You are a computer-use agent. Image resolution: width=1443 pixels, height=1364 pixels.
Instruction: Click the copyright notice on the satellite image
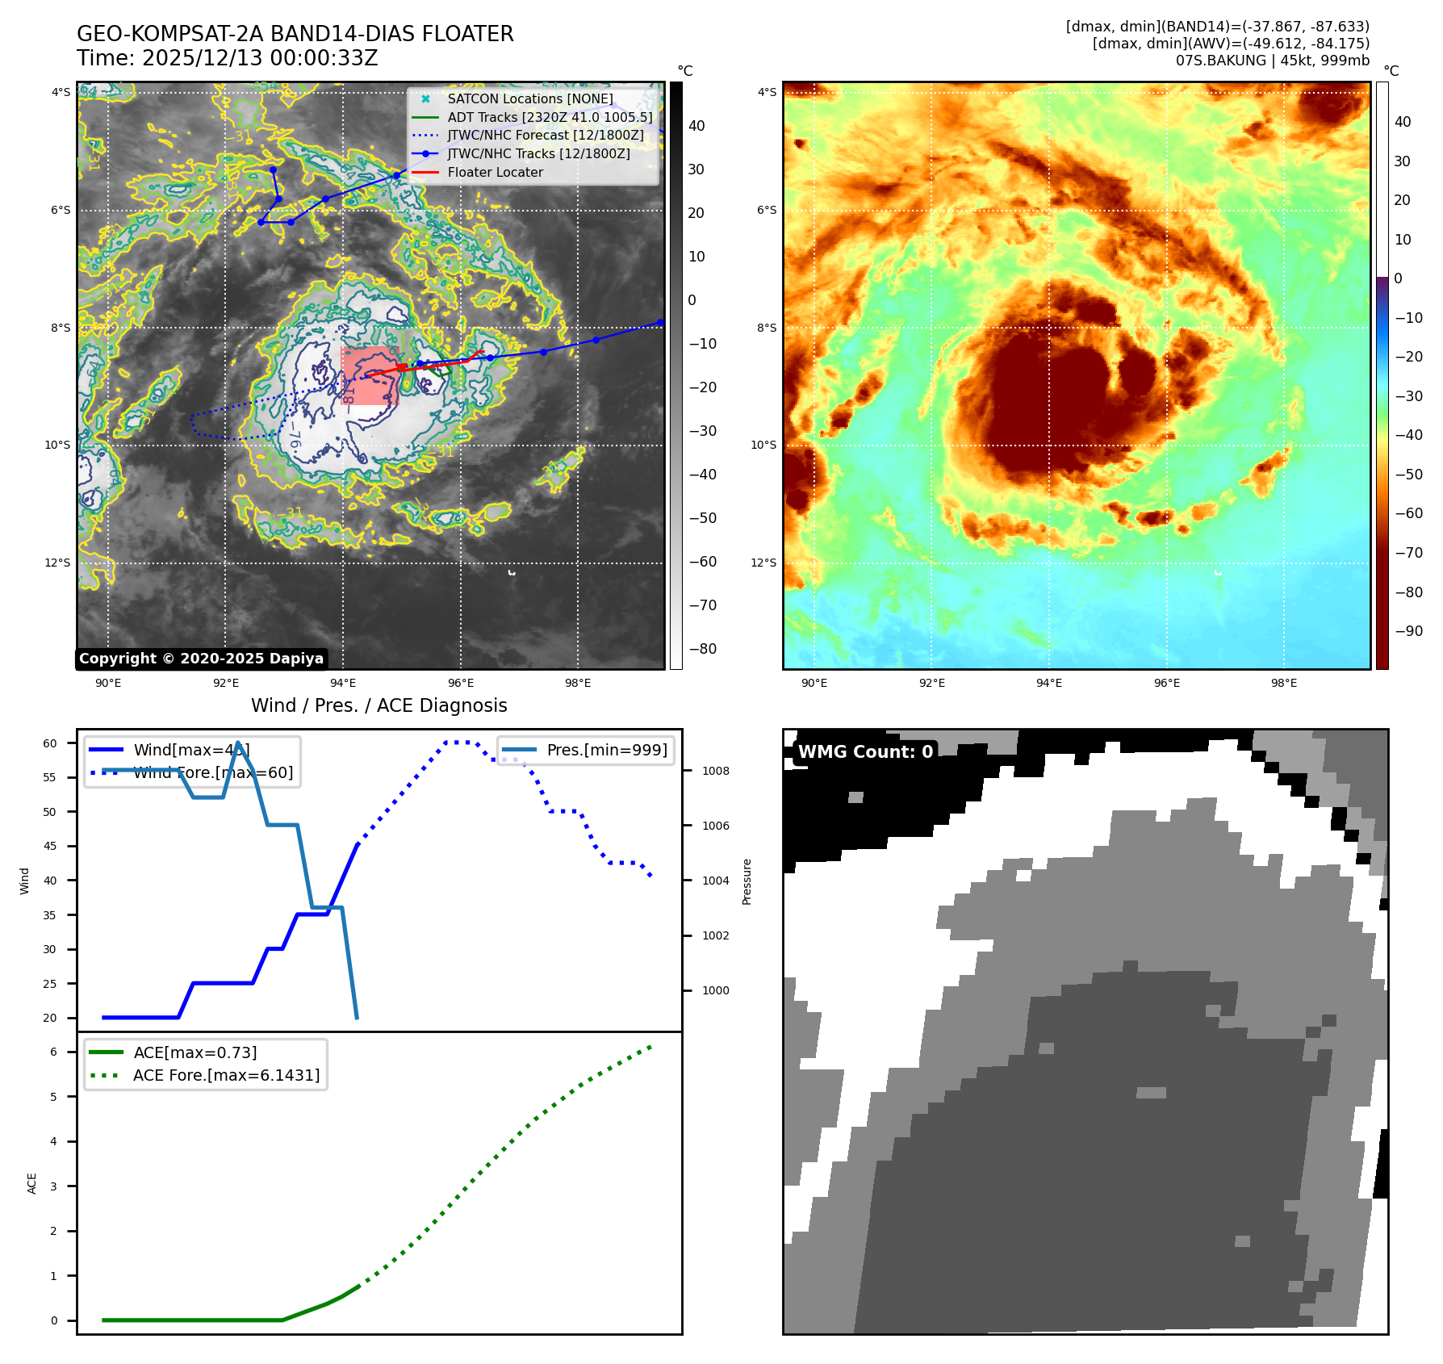coord(201,659)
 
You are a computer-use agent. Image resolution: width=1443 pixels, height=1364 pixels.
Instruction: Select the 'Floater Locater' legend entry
coord(495,172)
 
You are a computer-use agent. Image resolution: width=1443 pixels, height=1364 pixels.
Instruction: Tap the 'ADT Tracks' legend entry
coord(550,117)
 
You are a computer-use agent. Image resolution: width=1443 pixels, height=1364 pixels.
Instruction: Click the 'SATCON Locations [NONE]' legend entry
coord(529,98)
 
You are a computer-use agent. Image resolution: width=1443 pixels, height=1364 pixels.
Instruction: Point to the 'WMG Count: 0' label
coord(865,752)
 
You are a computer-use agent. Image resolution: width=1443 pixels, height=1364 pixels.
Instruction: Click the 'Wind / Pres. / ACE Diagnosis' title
coord(379,705)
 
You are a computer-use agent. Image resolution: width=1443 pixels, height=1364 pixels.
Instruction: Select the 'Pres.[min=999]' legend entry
coord(606,750)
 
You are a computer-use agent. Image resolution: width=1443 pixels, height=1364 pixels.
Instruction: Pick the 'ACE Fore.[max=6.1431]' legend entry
coord(226,1075)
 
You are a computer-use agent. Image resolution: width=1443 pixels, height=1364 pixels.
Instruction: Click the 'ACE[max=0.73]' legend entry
coord(195,1052)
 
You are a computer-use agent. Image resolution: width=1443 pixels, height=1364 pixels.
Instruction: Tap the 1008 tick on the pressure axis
coord(715,771)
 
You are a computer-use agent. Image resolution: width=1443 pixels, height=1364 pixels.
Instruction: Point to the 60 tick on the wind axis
coord(50,743)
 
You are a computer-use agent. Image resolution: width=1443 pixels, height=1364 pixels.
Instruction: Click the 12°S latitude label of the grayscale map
coord(56,563)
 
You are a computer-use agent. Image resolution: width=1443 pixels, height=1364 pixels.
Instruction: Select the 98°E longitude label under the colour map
coord(1283,683)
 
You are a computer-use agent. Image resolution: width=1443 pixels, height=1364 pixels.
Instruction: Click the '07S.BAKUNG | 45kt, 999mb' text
coord(1272,61)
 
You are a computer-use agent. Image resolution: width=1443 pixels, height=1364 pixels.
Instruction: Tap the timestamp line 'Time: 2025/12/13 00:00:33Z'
coord(227,58)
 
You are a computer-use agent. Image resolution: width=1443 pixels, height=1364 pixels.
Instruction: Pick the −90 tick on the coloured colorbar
coord(1408,631)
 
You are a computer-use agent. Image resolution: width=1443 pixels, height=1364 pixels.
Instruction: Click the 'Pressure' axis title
coord(747,881)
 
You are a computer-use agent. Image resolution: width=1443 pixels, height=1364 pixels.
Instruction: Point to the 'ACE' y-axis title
coord(32,1183)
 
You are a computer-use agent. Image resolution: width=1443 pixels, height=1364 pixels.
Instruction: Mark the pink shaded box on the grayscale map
coord(370,375)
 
